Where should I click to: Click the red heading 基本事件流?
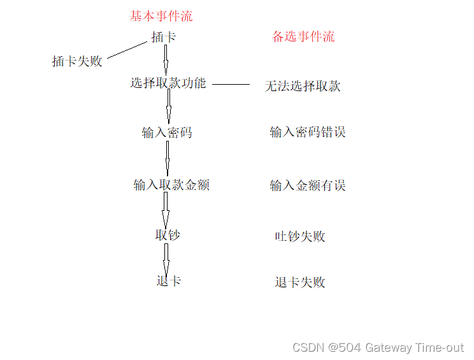point(161,17)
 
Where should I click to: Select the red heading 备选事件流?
point(303,36)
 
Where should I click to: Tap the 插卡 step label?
point(164,37)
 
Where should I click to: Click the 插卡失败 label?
point(77,61)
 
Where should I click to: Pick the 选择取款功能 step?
point(168,83)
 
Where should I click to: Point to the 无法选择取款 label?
point(303,86)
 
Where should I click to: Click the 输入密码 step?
point(167,133)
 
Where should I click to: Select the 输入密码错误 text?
point(308,133)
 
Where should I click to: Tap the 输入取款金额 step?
point(171,185)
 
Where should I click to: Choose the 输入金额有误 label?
point(308,185)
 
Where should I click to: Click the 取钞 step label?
point(168,235)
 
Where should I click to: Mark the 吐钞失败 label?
point(300,236)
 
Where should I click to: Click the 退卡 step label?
point(169,281)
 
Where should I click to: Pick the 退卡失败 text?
point(300,282)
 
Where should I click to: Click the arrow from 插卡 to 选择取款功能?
point(165,60)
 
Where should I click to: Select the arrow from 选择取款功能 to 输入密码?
point(169,106)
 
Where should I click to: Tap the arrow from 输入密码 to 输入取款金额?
point(168,157)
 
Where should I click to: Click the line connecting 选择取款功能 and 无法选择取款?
point(231,83)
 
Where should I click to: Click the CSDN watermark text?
point(378,347)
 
